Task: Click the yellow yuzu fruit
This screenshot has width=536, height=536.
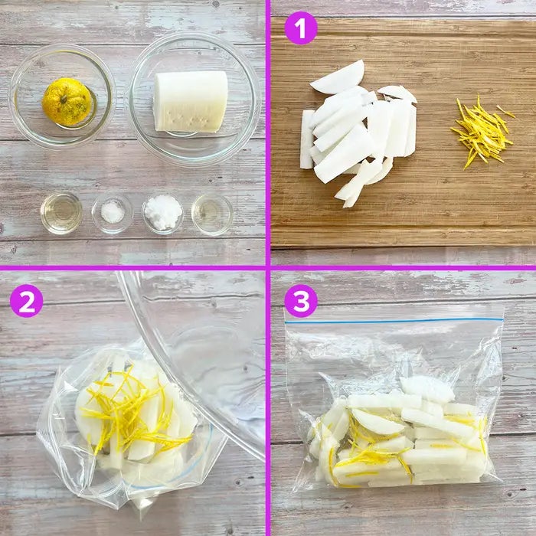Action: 67,102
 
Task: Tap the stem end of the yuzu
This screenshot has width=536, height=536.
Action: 64,100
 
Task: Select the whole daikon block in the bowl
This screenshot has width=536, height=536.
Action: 191,102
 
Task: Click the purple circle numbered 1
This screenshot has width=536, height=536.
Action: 301,28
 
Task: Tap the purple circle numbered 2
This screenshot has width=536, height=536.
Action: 26,301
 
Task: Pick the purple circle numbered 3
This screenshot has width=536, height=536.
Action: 301,301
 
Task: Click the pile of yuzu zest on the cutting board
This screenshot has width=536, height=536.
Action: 482,132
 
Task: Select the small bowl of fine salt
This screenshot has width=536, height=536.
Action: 112,214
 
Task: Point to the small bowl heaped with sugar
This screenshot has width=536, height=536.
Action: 162,214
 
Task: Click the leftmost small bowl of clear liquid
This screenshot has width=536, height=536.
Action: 61,213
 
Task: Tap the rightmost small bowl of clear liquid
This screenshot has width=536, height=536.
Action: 212,214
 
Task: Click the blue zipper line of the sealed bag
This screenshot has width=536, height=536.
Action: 394,321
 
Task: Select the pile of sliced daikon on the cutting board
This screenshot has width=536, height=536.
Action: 358,133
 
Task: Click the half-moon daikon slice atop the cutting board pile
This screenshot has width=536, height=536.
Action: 338,77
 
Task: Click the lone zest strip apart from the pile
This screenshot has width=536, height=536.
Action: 505,112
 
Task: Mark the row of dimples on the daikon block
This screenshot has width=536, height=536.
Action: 188,119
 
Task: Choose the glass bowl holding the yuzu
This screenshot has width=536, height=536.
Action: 62,96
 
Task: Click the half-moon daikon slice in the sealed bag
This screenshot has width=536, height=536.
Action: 377,422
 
